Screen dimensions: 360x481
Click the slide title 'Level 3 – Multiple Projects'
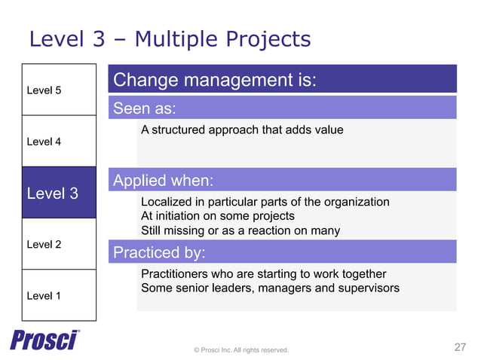click(170, 38)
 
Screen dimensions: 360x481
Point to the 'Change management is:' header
click(215, 79)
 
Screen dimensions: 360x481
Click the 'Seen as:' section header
click(145, 108)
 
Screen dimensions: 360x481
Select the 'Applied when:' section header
click(163, 180)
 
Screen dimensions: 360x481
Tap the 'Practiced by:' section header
click(159, 252)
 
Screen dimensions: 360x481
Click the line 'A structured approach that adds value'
click(242, 130)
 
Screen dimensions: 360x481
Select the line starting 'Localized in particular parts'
click(265, 202)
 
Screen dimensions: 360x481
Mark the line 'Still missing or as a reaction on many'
click(240, 230)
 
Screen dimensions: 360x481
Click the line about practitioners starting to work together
click(263, 274)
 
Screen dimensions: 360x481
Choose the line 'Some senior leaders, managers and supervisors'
click(270, 288)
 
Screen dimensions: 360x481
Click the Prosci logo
click(44, 340)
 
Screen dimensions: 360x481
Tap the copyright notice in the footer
click(241, 349)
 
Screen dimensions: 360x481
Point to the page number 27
click(461, 347)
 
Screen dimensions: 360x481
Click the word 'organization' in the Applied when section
click(356, 202)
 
